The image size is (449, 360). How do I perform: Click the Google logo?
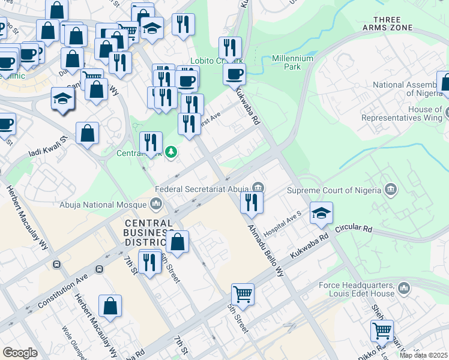coord(20,353)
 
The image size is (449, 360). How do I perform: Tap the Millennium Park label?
coord(293,62)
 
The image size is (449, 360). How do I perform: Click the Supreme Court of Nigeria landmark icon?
coord(391,190)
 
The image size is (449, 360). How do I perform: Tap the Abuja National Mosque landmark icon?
coord(157,204)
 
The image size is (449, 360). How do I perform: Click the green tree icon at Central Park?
coord(171,152)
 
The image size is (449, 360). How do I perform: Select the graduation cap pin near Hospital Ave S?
coord(321,213)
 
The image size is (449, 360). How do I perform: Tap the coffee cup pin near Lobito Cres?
coord(234,74)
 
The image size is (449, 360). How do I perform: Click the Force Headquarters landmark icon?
coord(404,289)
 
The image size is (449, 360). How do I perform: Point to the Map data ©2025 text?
coord(423,355)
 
